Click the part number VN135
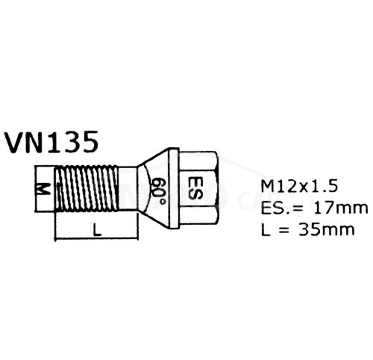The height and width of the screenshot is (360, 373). click(x=52, y=142)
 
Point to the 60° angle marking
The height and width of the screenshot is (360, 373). click(x=159, y=190)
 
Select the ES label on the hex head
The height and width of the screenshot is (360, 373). click(x=195, y=188)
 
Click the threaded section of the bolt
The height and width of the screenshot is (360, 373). click(x=86, y=189)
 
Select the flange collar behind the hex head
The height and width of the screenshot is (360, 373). click(x=174, y=188)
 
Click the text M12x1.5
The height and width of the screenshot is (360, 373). click(x=299, y=186)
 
